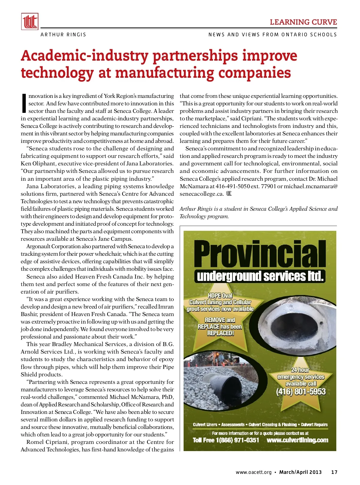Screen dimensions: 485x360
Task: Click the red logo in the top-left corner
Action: pos(30,22)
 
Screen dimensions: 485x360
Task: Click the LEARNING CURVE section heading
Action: pos(303,22)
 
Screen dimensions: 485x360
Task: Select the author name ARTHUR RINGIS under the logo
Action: pos(63,35)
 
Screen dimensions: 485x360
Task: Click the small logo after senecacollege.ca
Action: pos(229,194)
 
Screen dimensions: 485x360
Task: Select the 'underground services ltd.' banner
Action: pos(260,276)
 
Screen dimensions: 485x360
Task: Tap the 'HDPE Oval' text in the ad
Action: pos(220,296)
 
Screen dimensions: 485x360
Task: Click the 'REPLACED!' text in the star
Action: pos(220,333)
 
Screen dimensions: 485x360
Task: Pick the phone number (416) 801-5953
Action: pos(301,392)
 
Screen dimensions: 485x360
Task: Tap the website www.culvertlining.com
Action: pos(297,440)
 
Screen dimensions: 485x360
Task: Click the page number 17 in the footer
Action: pos(334,472)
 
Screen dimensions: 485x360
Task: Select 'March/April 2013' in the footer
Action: pos(300,472)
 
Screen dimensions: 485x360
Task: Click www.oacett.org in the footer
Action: pos(253,472)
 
